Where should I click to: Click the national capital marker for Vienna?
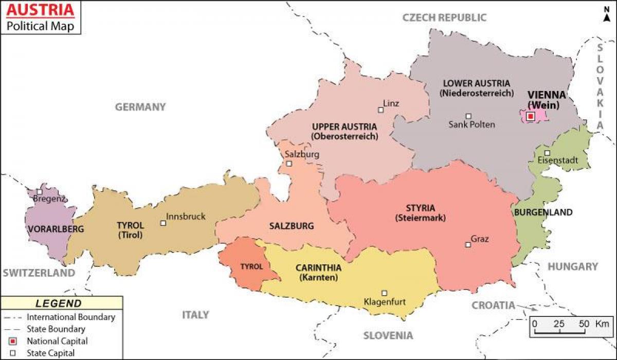click(531, 117)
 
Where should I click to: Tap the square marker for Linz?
click(381, 110)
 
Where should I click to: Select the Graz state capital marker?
click(468, 245)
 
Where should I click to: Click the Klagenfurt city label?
click(384, 302)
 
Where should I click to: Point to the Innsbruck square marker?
click(163, 223)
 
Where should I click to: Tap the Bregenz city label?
click(49, 199)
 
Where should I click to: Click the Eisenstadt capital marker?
click(547, 153)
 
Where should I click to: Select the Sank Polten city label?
click(471, 124)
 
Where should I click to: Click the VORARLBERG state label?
click(49, 229)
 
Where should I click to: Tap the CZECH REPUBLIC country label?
click(444, 17)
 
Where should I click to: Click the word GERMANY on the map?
click(140, 107)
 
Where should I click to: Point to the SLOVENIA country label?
click(388, 336)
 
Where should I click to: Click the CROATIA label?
click(493, 305)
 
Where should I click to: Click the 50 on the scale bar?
click(584, 324)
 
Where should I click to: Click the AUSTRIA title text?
click(39, 9)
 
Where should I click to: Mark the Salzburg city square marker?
click(289, 164)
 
